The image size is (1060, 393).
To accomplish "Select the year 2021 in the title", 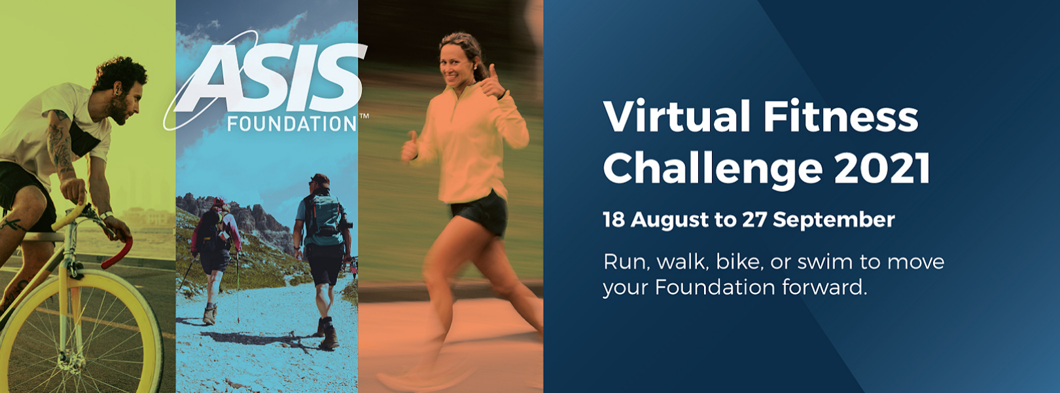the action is tap(883, 168).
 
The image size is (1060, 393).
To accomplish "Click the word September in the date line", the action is tap(834, 220).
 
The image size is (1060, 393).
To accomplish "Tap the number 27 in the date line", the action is tap(754, 219).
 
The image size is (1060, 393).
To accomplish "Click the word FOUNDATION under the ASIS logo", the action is tap(292, 124).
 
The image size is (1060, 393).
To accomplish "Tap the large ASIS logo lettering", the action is tap(272, 78).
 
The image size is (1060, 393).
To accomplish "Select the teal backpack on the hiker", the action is tap(323, 215).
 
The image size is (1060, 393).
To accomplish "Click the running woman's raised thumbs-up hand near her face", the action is tap(493, 84).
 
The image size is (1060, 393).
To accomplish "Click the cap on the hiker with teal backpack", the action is tap(321, 179).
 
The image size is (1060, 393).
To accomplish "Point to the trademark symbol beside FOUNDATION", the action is tap(364, 116).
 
